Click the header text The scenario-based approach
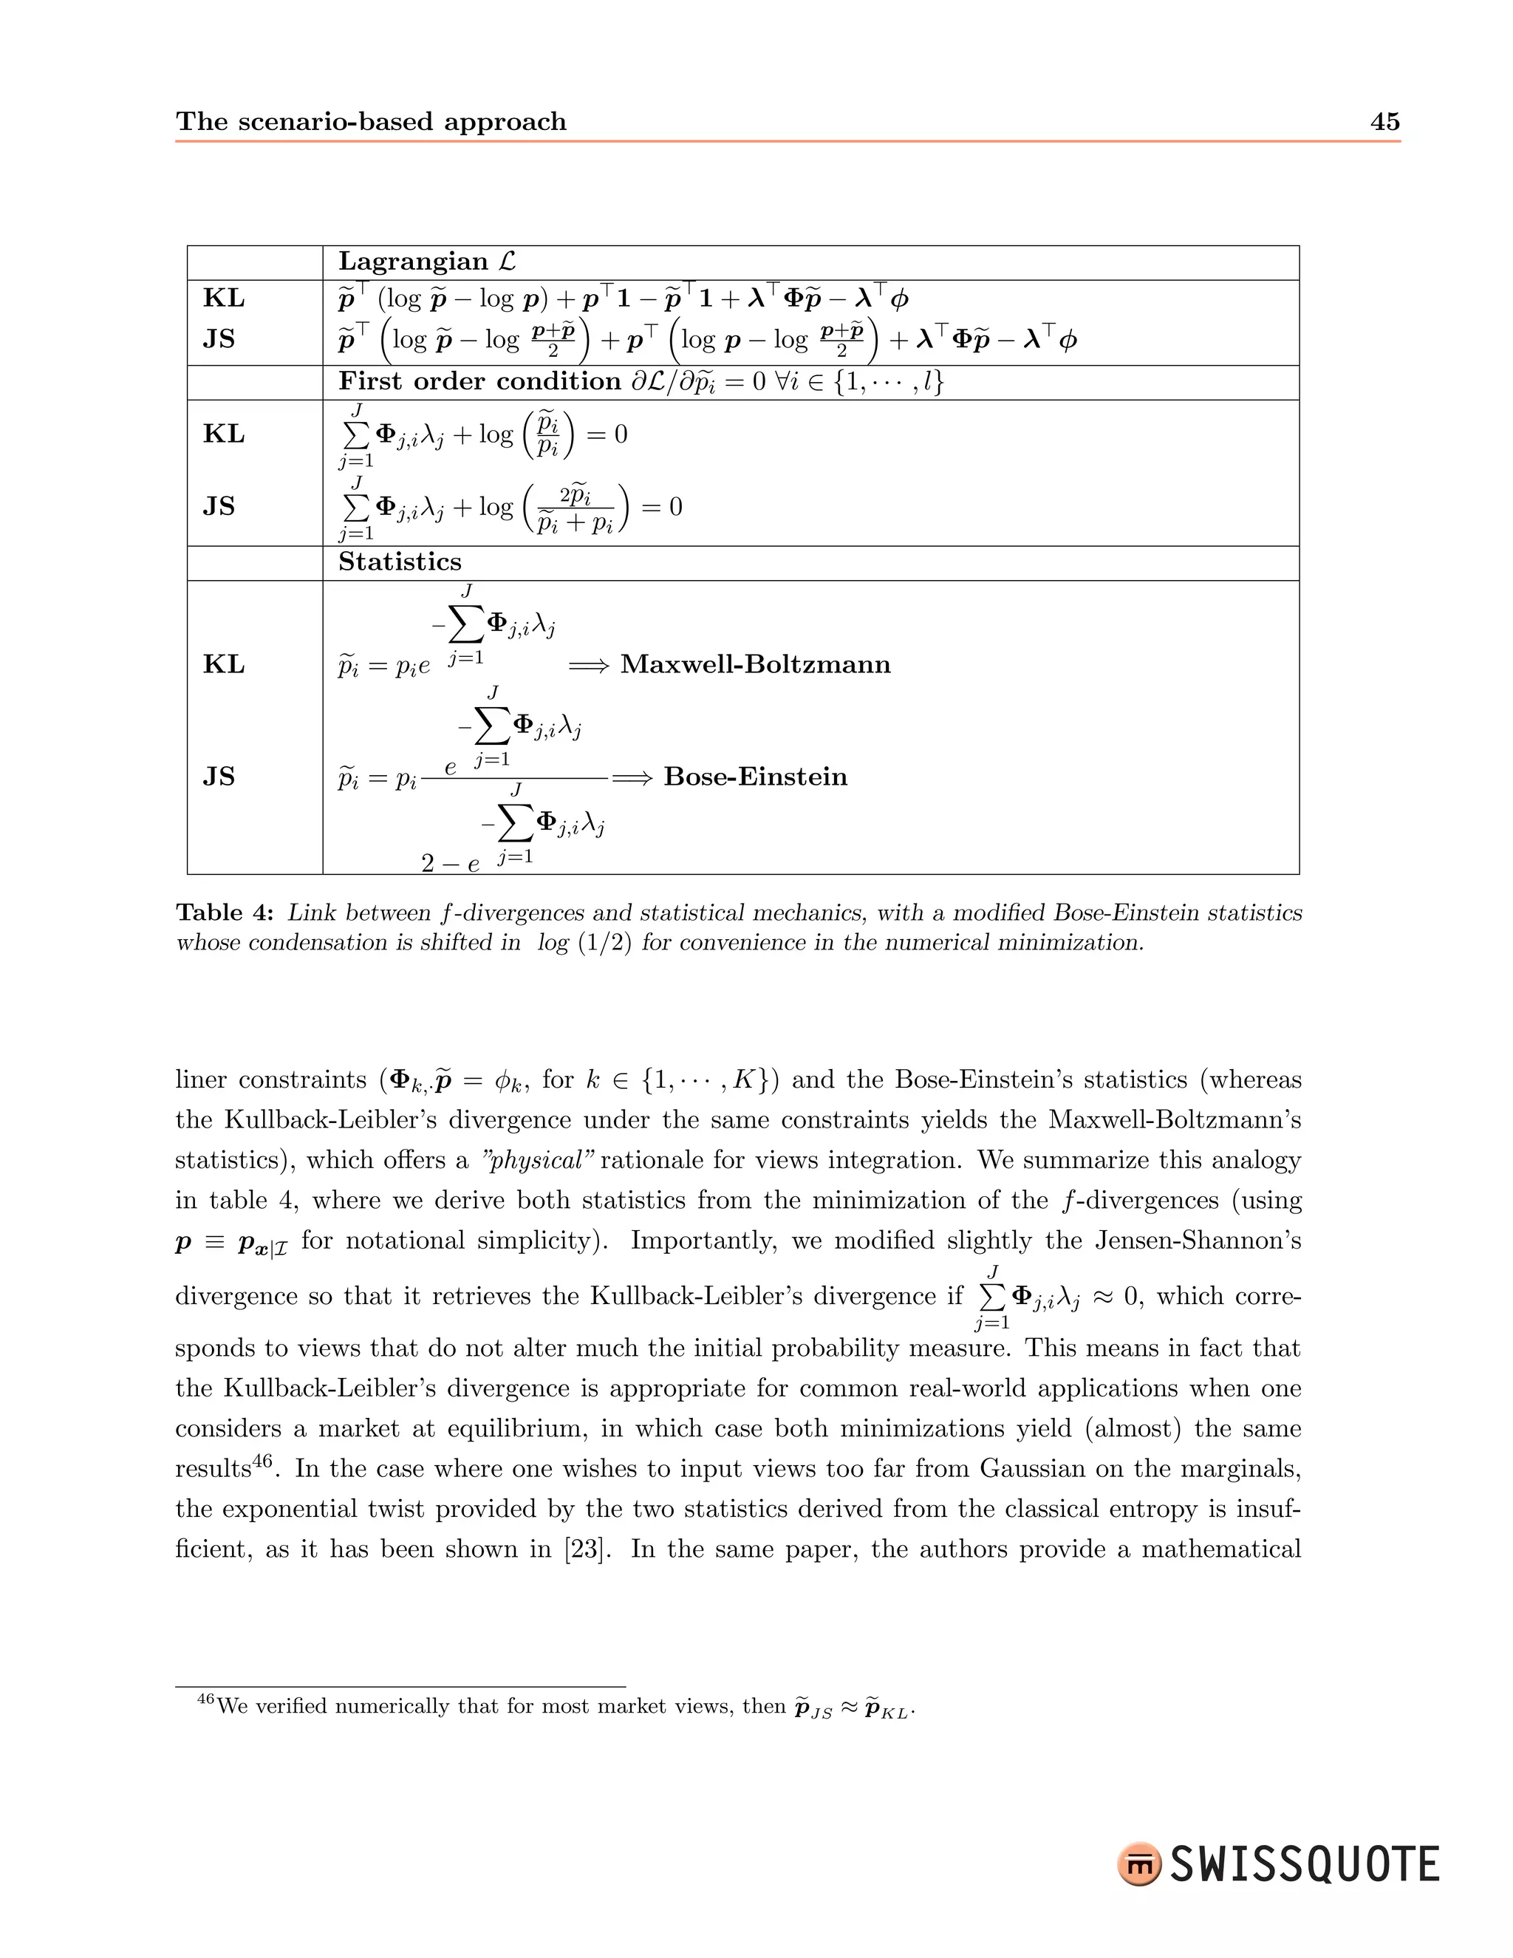coord(371,122)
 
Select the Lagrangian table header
coord(428,262)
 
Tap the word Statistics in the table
coord(400,562)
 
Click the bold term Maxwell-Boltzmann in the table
coord(755,664)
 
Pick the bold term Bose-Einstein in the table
coord(755,777)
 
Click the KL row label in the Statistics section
coord(223,664)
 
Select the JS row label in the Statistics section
coord(219,777)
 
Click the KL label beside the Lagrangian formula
coord(223,299)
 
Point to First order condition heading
coord(479,382)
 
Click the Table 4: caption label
coord(225,913)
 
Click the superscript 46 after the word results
coord(262,1461)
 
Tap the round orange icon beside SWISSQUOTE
coord(1138,1866)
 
